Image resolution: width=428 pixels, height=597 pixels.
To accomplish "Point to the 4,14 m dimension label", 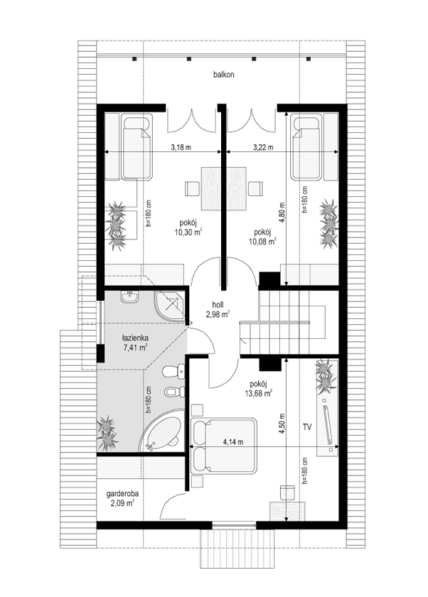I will pos(242,442).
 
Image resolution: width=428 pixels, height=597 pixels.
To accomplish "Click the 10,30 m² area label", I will pos(189,231).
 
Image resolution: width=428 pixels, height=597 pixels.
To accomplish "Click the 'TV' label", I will pos(306,427).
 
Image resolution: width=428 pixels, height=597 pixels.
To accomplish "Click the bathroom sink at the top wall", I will pos(130,298).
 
